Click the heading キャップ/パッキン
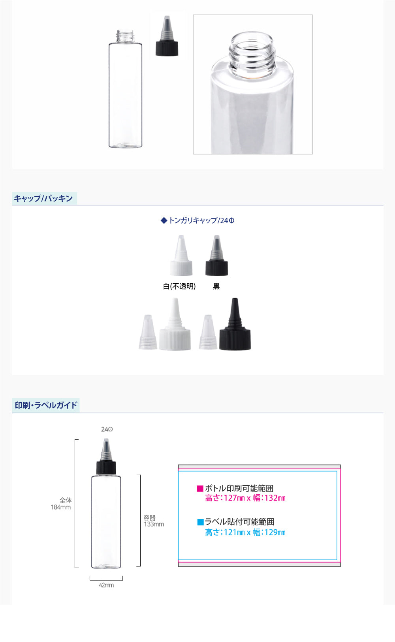tap(43, 198)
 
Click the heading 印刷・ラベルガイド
tap(46, 405)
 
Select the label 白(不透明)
tap(179, 286)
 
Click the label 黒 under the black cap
tap(216, 286)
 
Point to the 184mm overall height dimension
tap(61, 507)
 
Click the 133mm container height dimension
tap(154, 524)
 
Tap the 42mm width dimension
tap(106, 585)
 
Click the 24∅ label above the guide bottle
tap(107, 429)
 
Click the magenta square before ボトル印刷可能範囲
tap(200, 488)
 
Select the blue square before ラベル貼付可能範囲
tap(200, 522)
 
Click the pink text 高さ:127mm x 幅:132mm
tap(245, 498)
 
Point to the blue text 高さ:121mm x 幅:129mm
tap(245, 532)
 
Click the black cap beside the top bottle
tap(167, 36)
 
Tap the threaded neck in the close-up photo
tap(252, 55)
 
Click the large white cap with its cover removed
tap(175, 324)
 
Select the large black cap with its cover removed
tap(235, 324)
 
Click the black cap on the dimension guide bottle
tap(106, 468)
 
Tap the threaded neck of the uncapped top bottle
tap(125, 36)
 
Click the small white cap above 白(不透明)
tap(181, 255)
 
